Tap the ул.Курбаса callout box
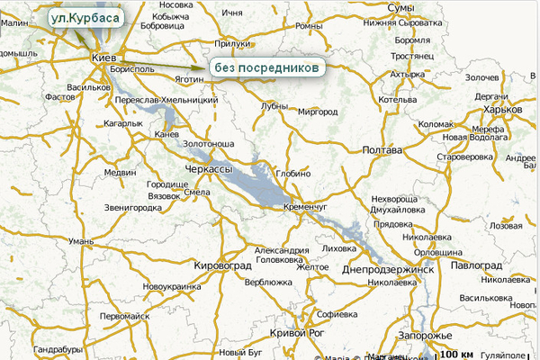click(85, 18)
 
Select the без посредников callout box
click(265, 67)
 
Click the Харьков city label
click(501, 109)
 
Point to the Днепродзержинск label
click(389, 269)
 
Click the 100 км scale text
click(454, 353)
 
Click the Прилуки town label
click(234, 43)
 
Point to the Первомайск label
click(126, 317)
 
